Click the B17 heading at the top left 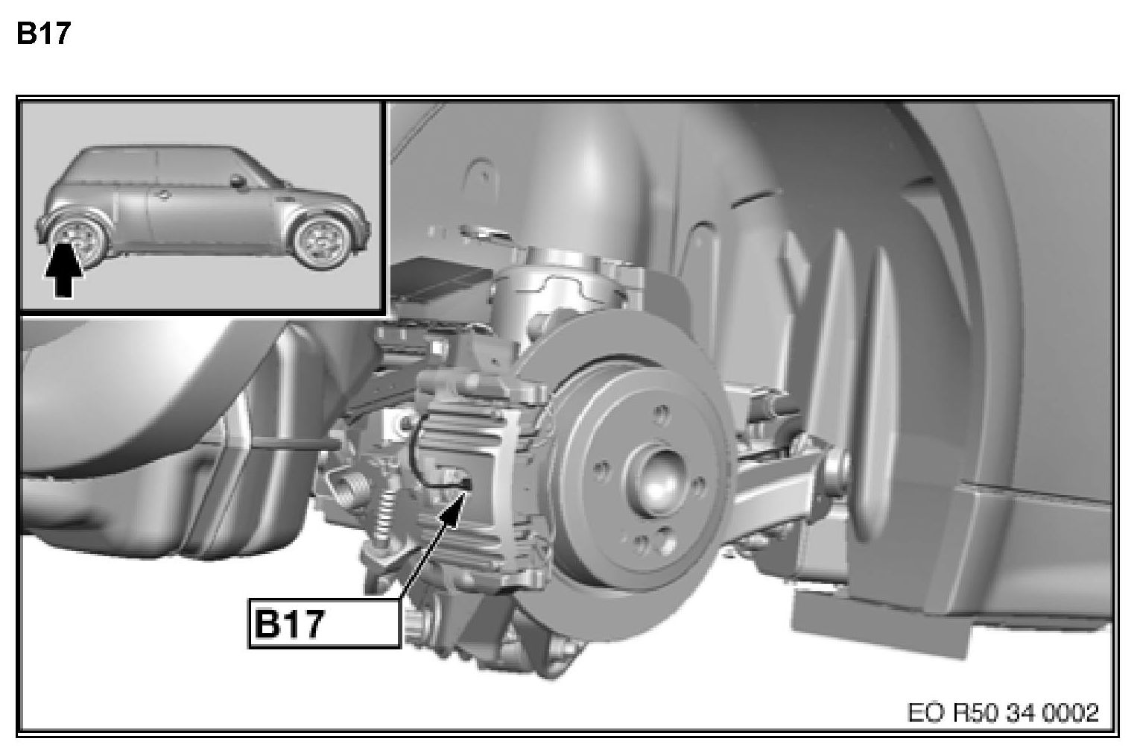(x=43, y=34)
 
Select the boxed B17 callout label (x=324, y=623)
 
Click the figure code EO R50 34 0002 (x=1003, y=713)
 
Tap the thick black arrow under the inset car (x=63, y=270)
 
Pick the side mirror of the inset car (x=237, y=180)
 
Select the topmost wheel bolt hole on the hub (x=661, y=412)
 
